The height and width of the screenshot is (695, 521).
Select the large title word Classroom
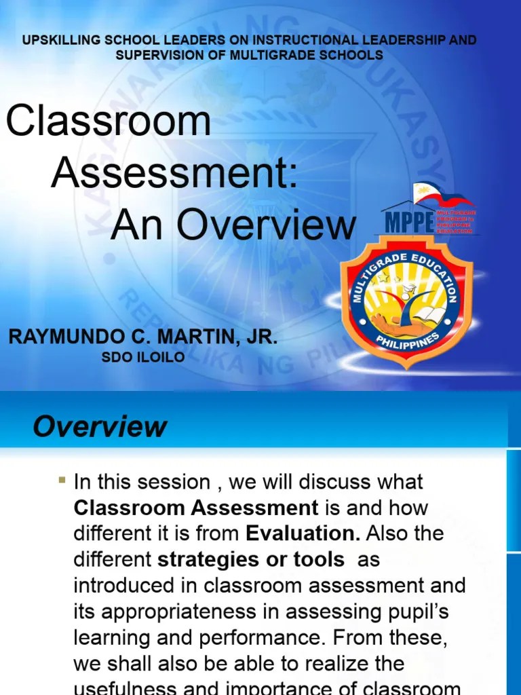109,121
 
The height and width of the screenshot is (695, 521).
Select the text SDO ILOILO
142,358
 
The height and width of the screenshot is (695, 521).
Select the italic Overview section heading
100,427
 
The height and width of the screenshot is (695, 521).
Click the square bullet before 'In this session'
62,481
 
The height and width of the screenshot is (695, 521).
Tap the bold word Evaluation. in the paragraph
303,533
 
